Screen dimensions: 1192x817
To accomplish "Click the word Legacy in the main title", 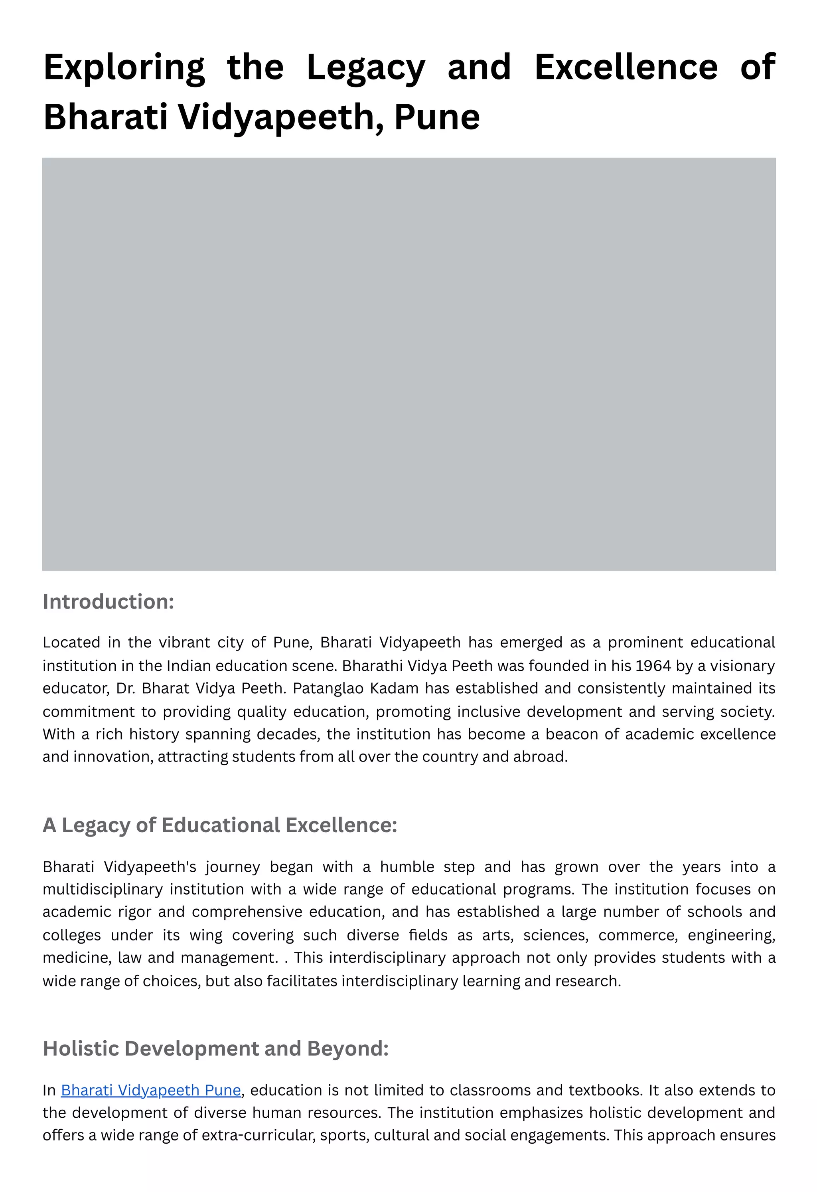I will pyautogui.click(x=365, y=68).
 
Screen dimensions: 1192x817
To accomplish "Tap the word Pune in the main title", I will pyautogui.click(x=437, y=117).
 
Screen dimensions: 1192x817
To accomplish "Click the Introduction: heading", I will pyautogui.click(x=108, y=602).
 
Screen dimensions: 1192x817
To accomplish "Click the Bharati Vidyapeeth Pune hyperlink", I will pyautogui.click(x=151, y=1090).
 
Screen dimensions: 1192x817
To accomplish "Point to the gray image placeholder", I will pyautogui.click(x=408, y=364).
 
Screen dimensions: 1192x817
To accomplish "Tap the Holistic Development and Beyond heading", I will pyautogui.click(x=215, y=1049).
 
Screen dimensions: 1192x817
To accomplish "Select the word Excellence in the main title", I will pyautogui.click(x=626, y=68).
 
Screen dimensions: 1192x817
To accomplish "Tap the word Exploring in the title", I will pyautogui.click(x=124, y=68).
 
